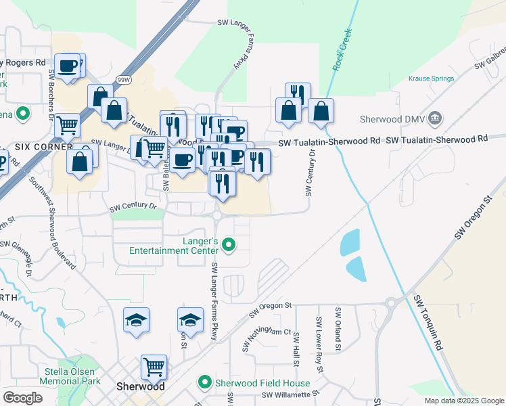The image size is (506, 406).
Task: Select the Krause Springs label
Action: [431, 78]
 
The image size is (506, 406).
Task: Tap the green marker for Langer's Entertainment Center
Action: [229, 244]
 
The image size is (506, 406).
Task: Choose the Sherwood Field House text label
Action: [262, 383]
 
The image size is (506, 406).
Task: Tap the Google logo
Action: [22, 398]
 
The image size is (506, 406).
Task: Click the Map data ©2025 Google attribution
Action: [463, 401]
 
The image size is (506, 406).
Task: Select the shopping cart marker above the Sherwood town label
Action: [154, 367]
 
